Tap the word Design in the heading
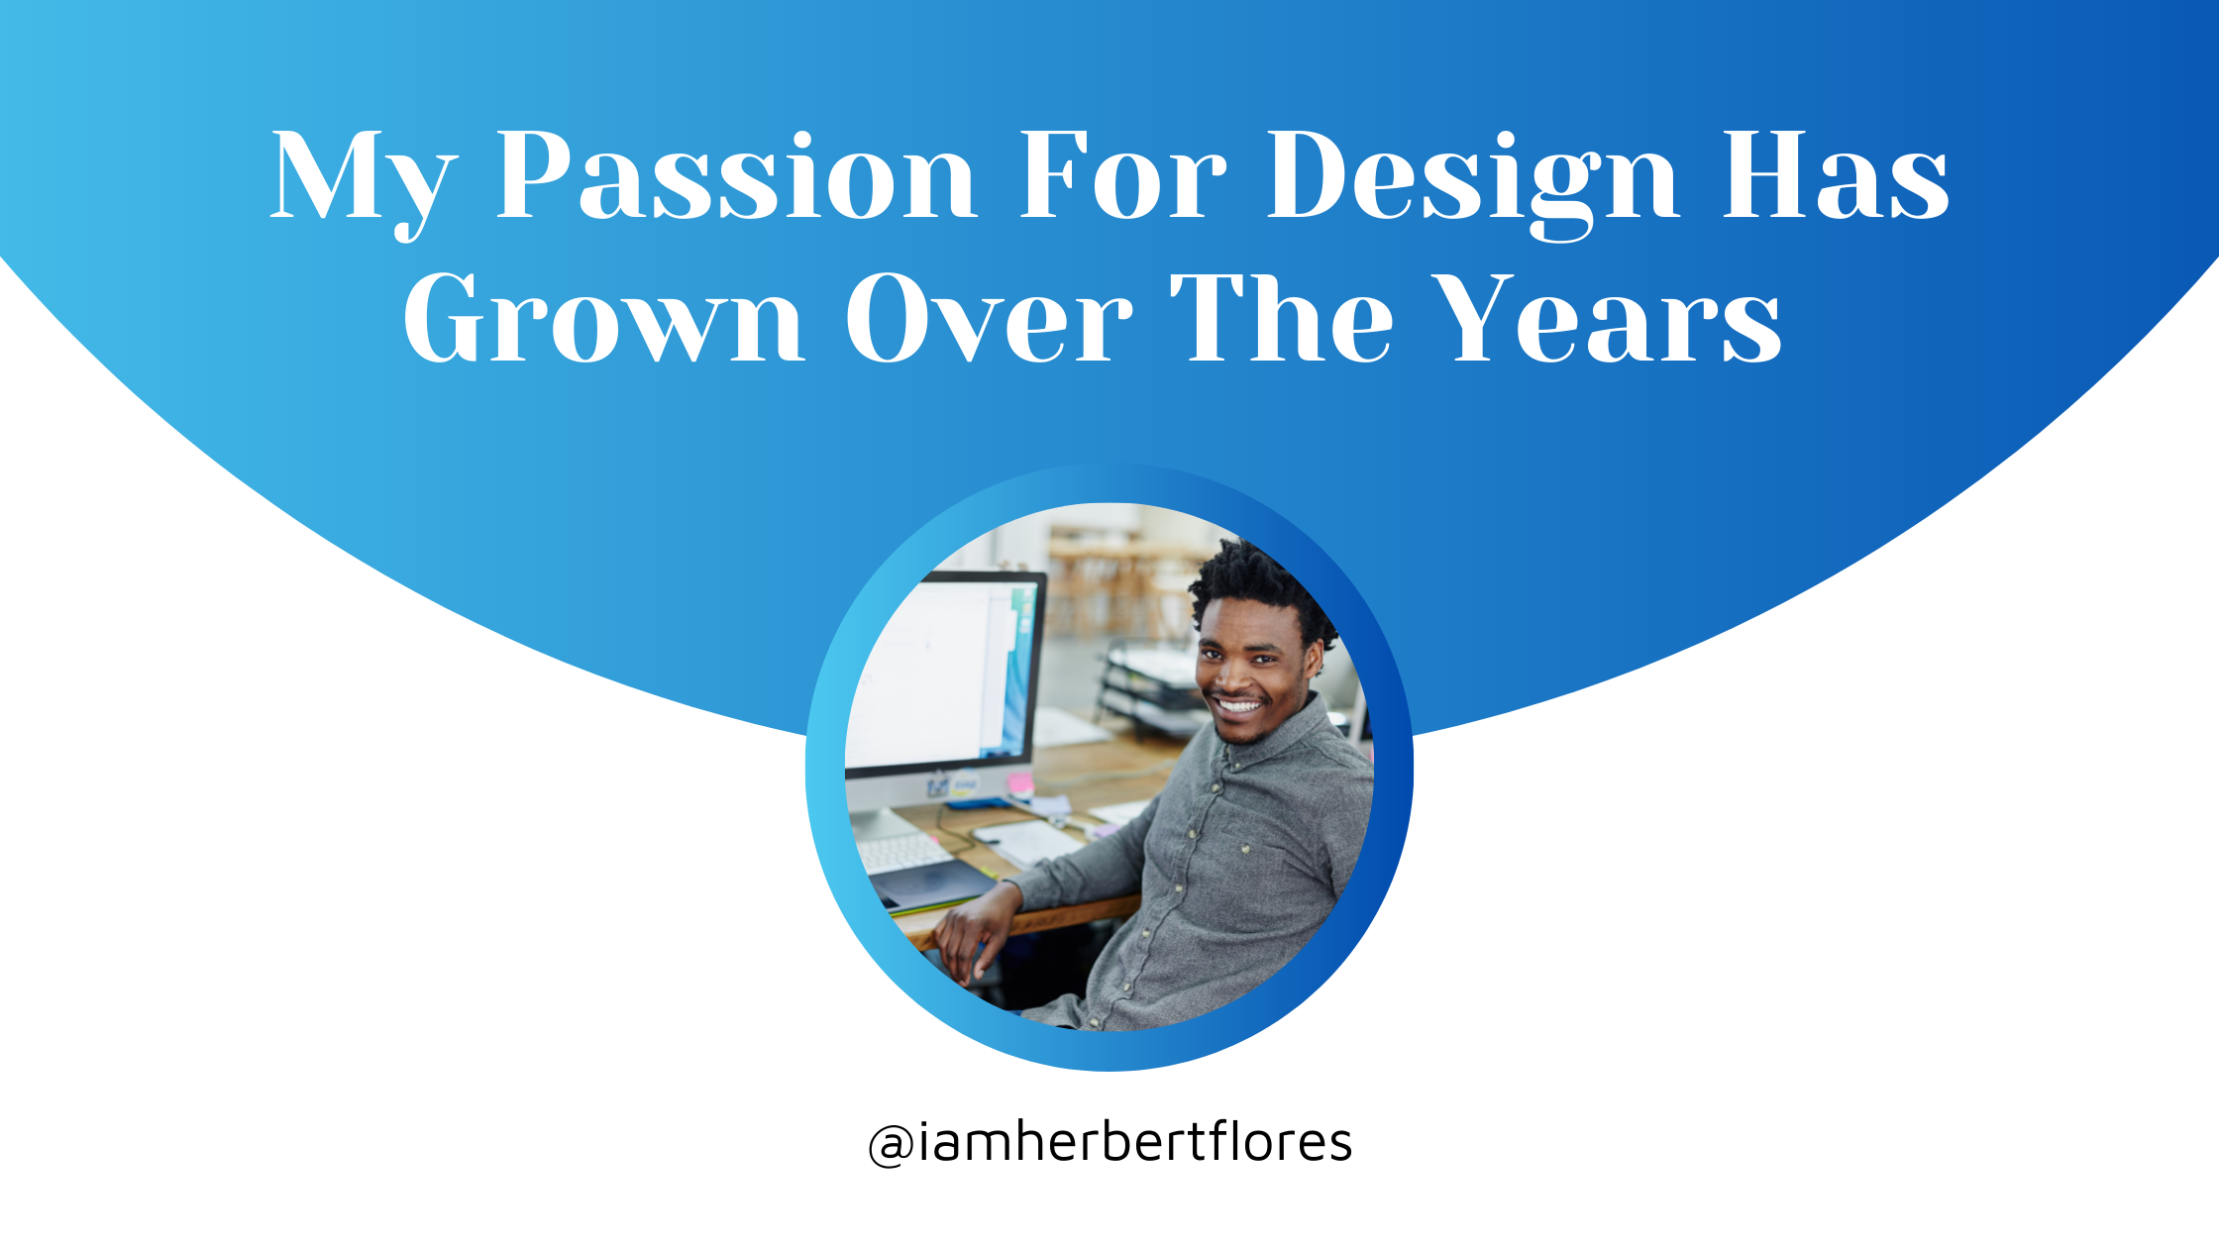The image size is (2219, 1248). click(1471, 184)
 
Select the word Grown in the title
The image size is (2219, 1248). click(603, 319)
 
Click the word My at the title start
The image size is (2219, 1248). click(363, 184)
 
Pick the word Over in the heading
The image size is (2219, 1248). click(989, 319)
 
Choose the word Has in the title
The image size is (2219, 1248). click(1836, 176)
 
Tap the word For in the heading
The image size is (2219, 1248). click(1122, 176)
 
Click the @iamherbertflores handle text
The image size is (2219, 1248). click(1109, 1143)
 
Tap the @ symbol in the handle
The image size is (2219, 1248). click(891, 1146)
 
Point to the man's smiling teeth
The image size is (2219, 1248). click(1238, 706)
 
